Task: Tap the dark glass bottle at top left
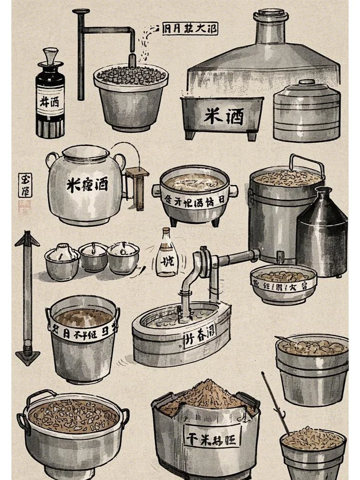click(50, 101)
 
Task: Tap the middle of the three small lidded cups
click(93, 256)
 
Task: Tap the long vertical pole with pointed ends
click(27, 297)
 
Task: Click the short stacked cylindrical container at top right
click(307, 113)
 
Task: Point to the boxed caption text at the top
click(190, 28)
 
